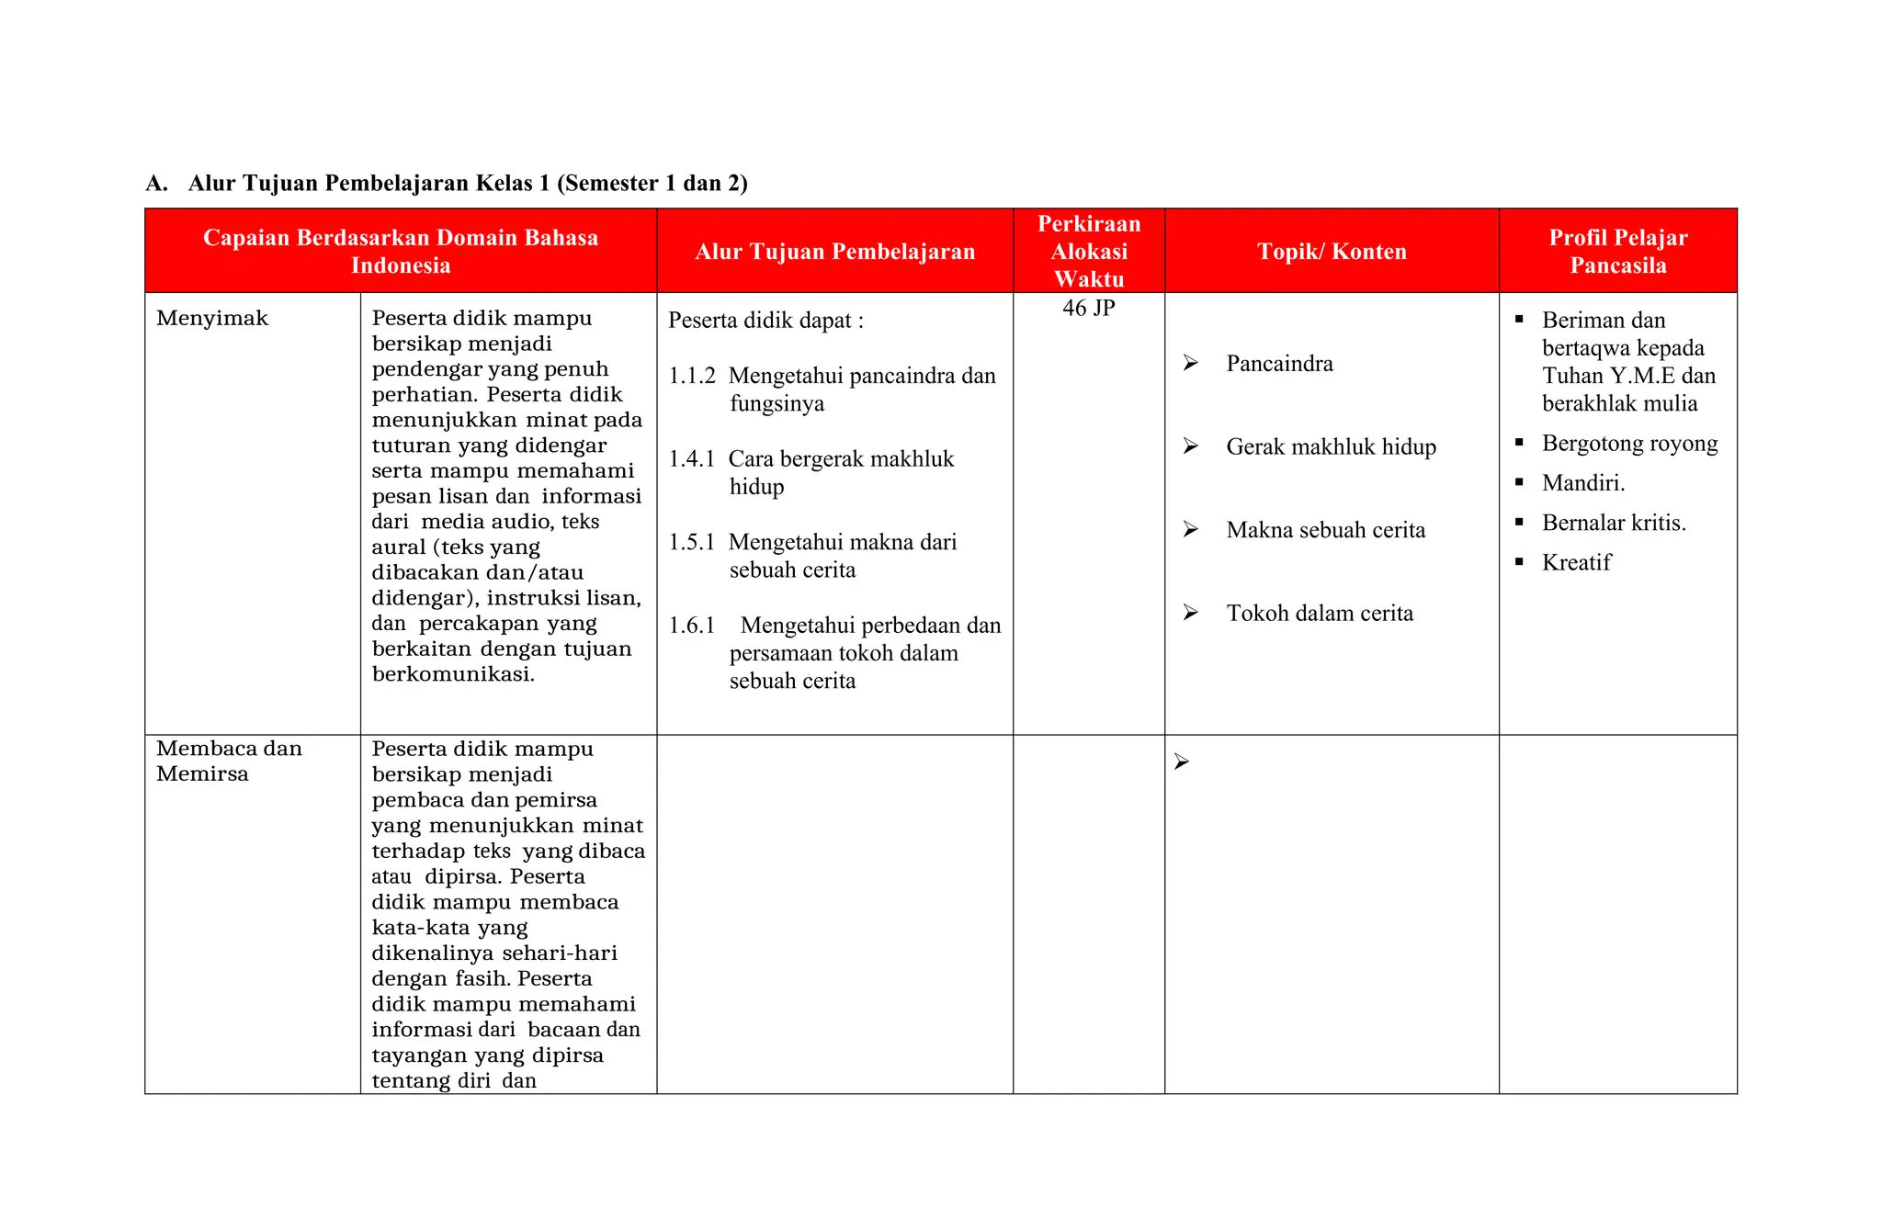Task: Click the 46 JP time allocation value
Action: click(1088, 309)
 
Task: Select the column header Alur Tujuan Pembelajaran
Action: click(834, 252)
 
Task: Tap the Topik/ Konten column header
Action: click(1332, 252)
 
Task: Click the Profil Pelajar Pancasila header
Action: click(1617, 252)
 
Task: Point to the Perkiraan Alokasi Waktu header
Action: click(1088, 252)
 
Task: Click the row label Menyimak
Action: click(212, 319)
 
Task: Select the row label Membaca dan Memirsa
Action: click(228, 761)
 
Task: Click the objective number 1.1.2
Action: click(691, 376)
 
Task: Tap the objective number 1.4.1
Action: click(691, 459)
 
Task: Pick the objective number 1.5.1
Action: click(691, 542)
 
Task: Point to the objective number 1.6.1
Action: click(691, 626)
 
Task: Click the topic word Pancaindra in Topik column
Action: click(1279, 364)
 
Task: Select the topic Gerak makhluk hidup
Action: click(1331, 447)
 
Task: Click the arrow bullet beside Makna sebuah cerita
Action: click(1191, 530)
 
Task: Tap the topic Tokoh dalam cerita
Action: click(1320, 614)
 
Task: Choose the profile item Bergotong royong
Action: click(1629, 444)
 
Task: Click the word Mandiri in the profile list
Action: click(1582, 483)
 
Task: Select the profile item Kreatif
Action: click(1576, 563)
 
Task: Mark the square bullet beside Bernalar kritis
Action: click(1519, 523)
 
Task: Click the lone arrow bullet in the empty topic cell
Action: click(1182, 762)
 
